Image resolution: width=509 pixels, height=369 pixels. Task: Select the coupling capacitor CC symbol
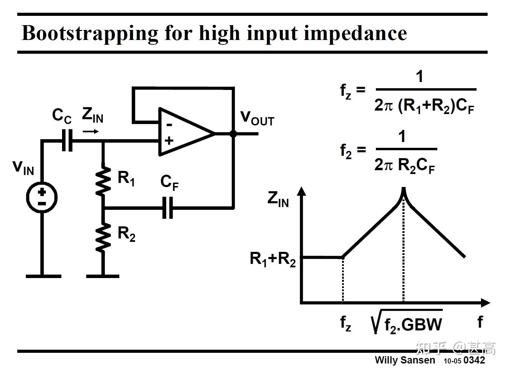click(68, 141)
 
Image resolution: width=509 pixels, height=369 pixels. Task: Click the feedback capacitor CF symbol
click(168, 208)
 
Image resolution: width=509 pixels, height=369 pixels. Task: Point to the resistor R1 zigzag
click(103, 181)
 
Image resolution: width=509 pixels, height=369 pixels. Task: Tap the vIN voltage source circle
click(42, 197)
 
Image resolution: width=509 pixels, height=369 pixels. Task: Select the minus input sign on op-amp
click(169, 124)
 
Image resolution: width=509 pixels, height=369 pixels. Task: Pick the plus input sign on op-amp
click(169, 141)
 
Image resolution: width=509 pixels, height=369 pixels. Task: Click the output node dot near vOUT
click(233, 133)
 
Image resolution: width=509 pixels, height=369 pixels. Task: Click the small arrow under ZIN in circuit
click(91, 131)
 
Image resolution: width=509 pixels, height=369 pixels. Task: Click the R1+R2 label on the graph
click(272, 258)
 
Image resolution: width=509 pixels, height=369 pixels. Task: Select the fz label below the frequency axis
click(346, 323)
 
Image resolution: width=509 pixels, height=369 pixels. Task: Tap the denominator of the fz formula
click(425, 105)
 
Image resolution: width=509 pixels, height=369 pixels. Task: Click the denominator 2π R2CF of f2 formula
click(405, 165)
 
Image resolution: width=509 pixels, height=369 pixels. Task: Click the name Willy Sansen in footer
click(405, 360)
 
